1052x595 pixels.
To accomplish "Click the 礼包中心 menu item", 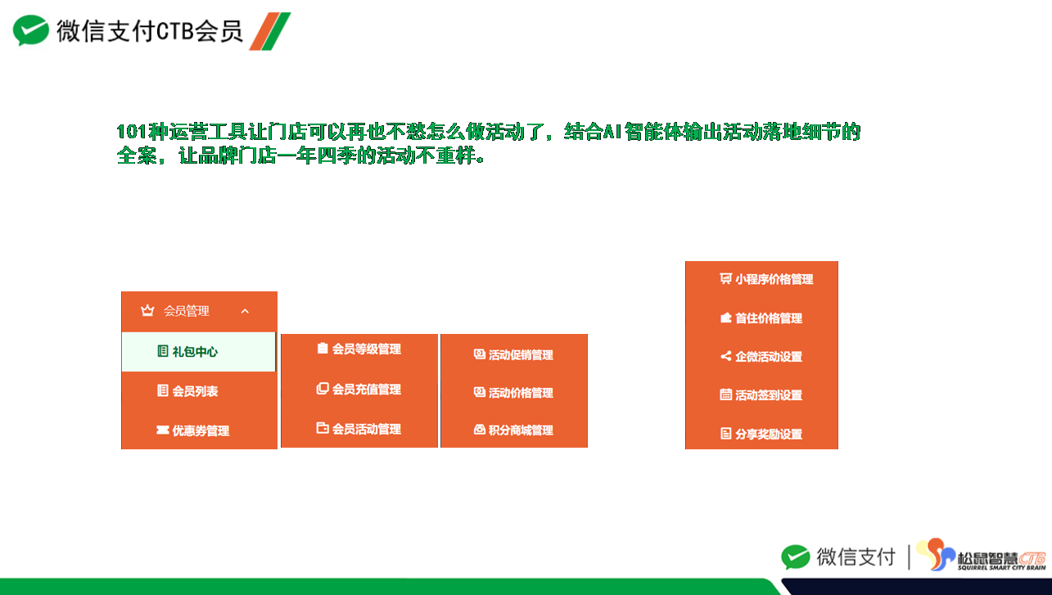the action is (187, 351).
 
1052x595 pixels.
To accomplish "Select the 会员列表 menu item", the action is (187, 390).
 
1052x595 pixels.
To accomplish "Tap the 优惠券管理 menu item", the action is (192, 430).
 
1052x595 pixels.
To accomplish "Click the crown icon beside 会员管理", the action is (147, 310).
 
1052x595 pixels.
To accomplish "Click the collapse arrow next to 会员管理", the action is (245, 311).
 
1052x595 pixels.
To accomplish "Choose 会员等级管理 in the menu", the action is (359, 349).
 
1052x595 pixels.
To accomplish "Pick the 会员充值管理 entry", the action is (359, 389).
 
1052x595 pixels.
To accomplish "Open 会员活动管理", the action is (359, 429).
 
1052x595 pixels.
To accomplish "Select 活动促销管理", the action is (513, 354).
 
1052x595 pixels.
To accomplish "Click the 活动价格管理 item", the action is (513, 392).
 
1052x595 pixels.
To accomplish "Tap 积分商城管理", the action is (513, 430).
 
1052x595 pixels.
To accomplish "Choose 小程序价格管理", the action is (766, 279).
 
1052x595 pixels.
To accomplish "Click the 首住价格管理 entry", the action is (761, 318).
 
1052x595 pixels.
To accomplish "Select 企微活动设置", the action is (761, 357).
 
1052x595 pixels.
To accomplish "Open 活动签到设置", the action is (761, 395).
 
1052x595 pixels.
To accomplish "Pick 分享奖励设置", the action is (761, 434).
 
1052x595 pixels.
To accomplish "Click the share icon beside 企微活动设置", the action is (725, 357).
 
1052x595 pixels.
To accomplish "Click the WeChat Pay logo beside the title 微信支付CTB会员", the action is (30, 30).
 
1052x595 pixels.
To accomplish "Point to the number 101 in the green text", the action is (131, 132).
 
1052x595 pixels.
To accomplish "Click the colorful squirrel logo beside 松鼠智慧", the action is (936, 555).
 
